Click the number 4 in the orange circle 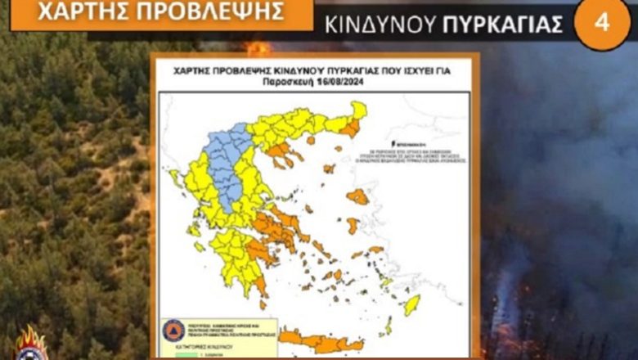(602, 22)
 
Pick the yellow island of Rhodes (411, 304)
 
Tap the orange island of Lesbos (357, 196)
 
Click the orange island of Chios (353, 225)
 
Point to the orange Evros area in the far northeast (351, 128)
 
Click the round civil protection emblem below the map (173, 330)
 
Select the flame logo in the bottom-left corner (30, 344)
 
